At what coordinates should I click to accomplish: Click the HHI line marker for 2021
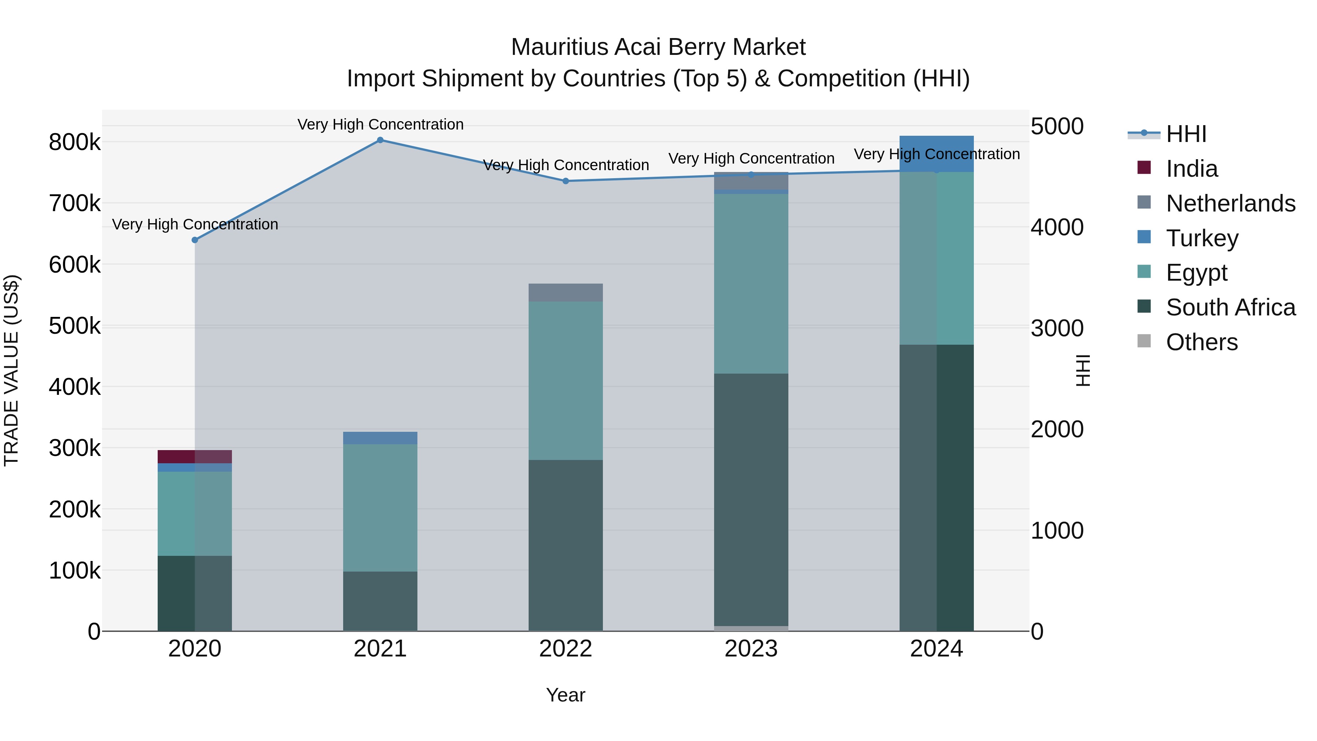pos(380,140)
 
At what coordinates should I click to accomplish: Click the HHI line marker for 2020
pos(195,240)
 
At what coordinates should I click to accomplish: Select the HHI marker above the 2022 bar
pos(566,181)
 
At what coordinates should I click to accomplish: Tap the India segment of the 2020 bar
pos(194,457)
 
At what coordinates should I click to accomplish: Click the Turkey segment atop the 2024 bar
pos(936,153)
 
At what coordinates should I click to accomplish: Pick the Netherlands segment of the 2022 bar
pos(566,292)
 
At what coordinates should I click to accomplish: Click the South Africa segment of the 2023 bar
pos(751,499)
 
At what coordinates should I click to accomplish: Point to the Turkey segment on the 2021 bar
pos(380,438)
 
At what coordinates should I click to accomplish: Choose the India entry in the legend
pos(1191,169)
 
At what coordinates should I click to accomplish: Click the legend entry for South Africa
pos(1230,307)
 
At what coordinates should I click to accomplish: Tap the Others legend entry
pos(1201,342)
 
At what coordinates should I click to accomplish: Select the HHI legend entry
pos(1186,134)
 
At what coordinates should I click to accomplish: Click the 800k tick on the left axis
pos(75,142)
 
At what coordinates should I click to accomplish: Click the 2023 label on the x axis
pos(751,649)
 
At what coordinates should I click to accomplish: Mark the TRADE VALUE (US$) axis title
pos(12,370)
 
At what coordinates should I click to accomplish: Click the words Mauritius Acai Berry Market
pos(658,47)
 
